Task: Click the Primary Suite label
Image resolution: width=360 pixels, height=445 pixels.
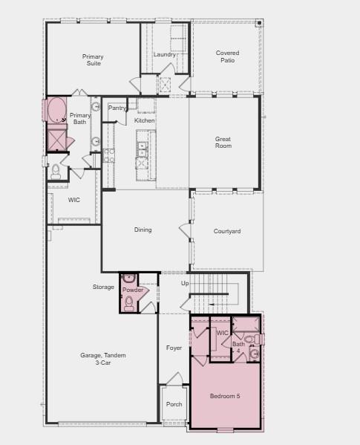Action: click(x=93, y=60)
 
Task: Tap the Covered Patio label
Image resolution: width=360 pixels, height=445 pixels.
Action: click(x=227, y=56)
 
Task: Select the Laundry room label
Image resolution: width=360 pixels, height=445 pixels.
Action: click(x=165, y=54)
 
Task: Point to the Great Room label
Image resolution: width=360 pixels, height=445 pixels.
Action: click(x=223, y=142)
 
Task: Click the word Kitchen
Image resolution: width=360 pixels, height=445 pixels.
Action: click(x=145, y=120)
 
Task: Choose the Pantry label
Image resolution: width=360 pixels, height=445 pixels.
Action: click(x=117, y=108)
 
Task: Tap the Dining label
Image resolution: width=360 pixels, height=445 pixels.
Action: click(x=143, y=230)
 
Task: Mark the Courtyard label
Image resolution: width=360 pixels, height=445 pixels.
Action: click(x=227, y=232)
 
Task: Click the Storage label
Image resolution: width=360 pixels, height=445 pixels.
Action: click(x=104, y=287)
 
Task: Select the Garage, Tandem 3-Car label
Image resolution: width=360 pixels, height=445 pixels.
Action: click(x=103, y=359)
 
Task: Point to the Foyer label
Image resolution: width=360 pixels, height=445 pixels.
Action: click(x=174, y=348)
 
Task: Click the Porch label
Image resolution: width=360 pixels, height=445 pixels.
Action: click(x=174, y=404)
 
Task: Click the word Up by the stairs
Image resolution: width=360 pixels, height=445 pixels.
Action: click(x=186, y=283)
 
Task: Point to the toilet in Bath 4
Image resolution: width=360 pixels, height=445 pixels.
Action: click(x=254, y=354)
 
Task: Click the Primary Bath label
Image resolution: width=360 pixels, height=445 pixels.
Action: click(x=80, y=118)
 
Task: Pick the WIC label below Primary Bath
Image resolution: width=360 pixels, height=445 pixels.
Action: click(x=74, y=200)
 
